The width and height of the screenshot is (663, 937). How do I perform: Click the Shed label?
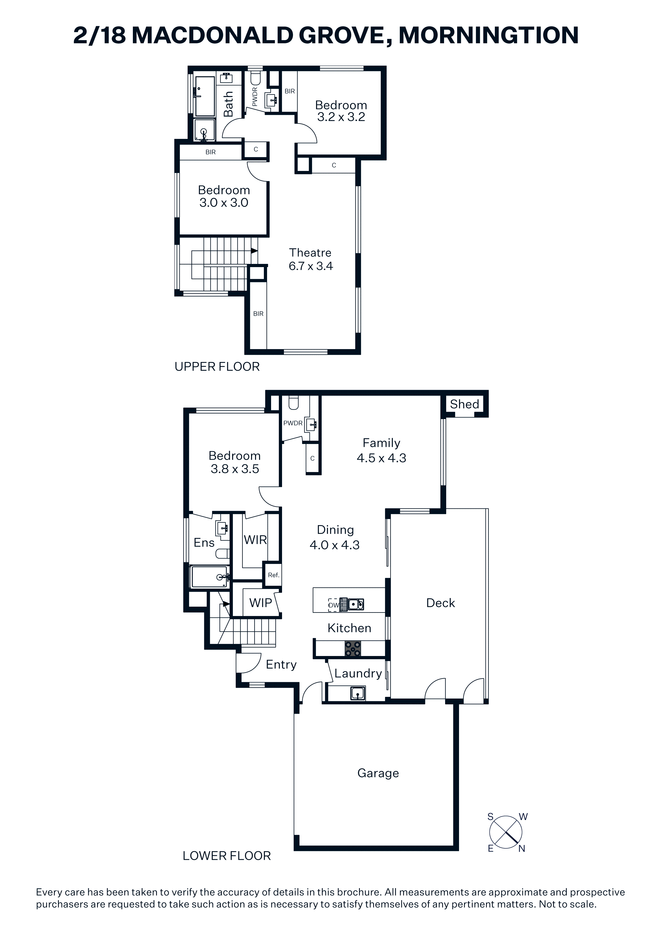click(464, 404)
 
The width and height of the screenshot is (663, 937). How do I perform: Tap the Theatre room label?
click(310, 253)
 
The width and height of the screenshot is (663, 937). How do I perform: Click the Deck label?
click(440, 603)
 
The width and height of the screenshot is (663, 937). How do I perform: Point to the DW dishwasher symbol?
click(333, 605)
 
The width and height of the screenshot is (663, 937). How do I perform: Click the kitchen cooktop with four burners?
click(353, 649)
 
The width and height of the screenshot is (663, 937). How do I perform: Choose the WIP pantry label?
click(261, 603)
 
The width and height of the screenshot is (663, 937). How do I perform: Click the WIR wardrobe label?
click(255, 540)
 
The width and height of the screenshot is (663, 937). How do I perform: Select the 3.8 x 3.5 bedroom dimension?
click(235, 469)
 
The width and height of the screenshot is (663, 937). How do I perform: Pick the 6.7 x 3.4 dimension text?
click(311, 266)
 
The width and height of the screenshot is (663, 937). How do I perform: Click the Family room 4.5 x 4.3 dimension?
click(381, 458)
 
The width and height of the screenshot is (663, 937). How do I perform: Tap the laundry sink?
click(357, 693)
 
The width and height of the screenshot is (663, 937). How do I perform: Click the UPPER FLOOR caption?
click(217, 367)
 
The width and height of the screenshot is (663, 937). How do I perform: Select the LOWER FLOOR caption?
click(227, 856)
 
